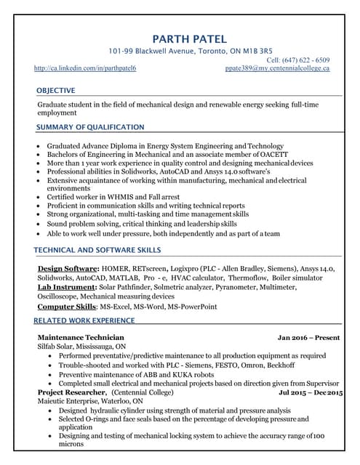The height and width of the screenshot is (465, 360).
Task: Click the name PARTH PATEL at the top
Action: pos(188,39)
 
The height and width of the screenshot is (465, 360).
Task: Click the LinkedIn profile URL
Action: pos(85,68)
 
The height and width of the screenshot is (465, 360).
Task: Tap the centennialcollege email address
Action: pos(278,68)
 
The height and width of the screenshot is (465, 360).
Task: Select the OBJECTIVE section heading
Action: pos(56,90)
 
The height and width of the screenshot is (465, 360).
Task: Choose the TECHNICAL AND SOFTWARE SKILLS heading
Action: pos(98,250)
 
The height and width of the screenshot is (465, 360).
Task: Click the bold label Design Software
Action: pos(67,269)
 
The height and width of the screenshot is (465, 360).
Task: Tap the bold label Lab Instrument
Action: pos(65,287)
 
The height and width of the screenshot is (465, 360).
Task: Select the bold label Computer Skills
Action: pos(66,307)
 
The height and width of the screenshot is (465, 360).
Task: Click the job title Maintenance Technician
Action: pos(81,338)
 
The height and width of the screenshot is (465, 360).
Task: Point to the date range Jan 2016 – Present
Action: pos(309,338)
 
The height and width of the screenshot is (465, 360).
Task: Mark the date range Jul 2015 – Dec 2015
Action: pos(311,392)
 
